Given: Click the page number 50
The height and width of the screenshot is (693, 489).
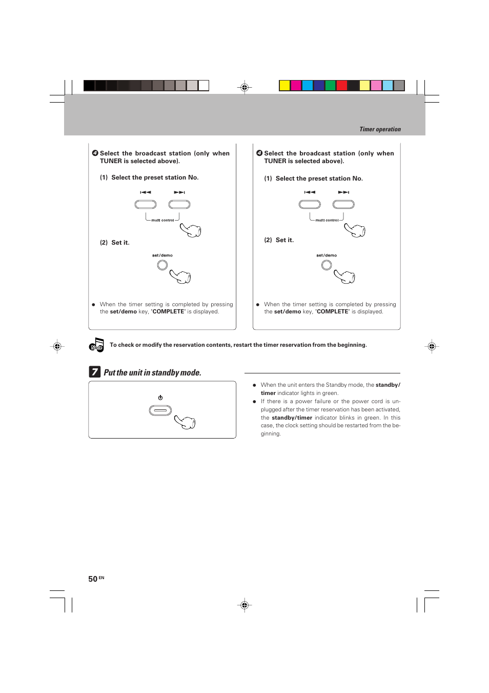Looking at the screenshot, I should pyautogui.click(x=93, y=579).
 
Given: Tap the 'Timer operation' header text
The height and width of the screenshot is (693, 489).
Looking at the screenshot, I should pyautogui.click(x=380, y=129).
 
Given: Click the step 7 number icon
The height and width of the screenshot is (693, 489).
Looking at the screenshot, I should pyautogui.click(x=95, y=372).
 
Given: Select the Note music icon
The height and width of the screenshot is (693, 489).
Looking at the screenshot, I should pyautogui.click(x=96, y=345).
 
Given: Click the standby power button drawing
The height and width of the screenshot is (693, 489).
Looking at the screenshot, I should pyautogui.click(x=160, y=410).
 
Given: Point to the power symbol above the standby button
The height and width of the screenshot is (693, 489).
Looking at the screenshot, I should pyautogui.click(x=160, y=398).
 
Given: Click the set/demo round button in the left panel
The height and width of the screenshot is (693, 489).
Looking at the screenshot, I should pyautogui.click(x=162, y=265).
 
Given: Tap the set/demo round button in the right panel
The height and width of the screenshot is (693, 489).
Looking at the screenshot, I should pyautogui.click(x=327, y=265).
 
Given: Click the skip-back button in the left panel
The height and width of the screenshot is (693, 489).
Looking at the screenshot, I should pyautogui.click(x=146, y=205).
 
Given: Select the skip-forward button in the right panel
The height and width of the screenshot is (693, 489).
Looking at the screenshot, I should pyautogui.click(x=343, y=205).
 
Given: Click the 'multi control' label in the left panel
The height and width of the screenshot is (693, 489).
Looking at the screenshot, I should pyautogui.click(x=162, y=221).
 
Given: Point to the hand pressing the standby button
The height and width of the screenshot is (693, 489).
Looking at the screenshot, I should pyautogui.click(x=186, y=422).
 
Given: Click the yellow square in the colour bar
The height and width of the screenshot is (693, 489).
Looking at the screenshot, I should pyautogui.click(x=284, y=86).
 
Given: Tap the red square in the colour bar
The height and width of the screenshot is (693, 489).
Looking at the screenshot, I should pyautogui.click(x=342, y=86).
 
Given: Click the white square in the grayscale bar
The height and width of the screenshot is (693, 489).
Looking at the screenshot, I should pyautogui.click(x=203, y=86).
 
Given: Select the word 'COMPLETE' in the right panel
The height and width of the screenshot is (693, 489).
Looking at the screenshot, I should pyautogui.click(x=333, y=312).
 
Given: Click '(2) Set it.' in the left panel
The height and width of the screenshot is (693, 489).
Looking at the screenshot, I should pyautogui.click(x=115, y=243).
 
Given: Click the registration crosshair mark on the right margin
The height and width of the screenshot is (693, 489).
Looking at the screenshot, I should pyautogui.click(x=432, y=346).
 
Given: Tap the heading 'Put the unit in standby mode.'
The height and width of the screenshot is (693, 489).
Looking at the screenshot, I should pyautogui.click(x=152, y=373).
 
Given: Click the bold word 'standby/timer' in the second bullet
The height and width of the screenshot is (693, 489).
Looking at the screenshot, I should pyautogui.click(x=292, y=418).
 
